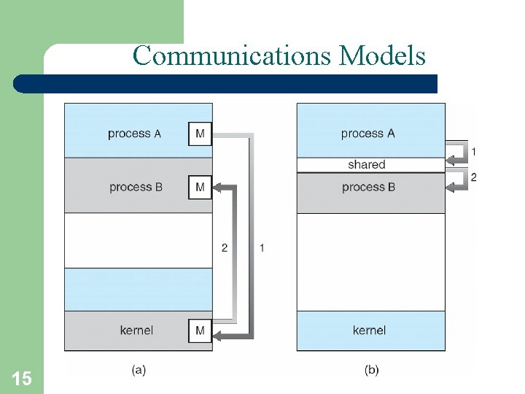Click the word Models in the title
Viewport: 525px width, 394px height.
382,55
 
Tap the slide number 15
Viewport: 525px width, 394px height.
22,378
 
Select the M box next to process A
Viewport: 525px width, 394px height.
200,134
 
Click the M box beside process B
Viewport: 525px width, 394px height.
200,188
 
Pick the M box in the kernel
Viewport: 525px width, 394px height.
200,331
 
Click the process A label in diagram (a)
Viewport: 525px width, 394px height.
134,134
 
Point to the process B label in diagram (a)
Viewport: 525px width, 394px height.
136,188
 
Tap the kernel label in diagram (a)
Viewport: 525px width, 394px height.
136,331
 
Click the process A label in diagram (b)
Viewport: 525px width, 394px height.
367,134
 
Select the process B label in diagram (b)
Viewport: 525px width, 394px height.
368,188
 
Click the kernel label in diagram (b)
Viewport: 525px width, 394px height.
369,331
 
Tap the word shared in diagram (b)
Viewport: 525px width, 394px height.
366,165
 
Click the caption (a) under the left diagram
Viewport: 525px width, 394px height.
139,370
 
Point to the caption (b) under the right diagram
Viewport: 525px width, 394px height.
371,370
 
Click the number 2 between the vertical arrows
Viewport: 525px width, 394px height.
225,248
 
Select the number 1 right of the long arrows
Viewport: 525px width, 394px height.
262,248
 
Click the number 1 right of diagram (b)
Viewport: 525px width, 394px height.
474,152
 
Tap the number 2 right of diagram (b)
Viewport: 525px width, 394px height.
474,177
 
